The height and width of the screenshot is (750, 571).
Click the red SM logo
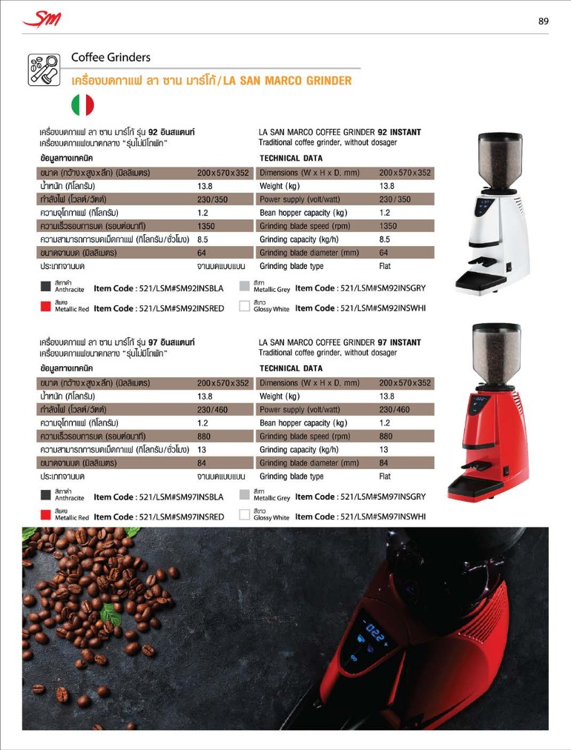pos(42,20)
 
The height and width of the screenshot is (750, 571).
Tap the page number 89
pos(544,21)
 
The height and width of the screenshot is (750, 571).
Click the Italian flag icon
pos(82,105)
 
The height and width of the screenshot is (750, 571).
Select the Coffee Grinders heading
pos(110,57)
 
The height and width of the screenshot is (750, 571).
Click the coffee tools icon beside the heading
pos(44,69)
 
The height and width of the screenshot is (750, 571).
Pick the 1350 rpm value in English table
pos(388,226)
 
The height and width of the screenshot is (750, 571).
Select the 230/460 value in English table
pos(394,410)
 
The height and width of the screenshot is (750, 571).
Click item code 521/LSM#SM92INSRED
pos(159,308)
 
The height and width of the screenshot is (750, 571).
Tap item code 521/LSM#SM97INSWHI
pos(360,517)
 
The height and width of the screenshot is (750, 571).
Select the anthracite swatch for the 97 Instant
pos(45,495)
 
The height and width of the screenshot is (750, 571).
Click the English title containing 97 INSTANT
pos(340,342)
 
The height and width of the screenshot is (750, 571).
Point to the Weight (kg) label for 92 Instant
pos(280,186)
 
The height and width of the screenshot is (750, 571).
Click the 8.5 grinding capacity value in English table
pos(385,239)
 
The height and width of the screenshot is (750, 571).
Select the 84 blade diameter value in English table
pos(384,463)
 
